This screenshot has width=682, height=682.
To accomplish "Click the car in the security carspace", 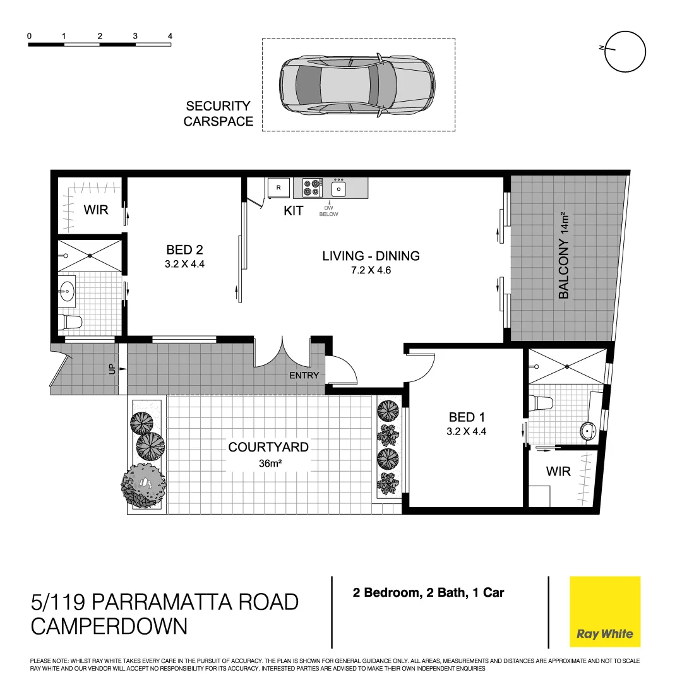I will coord(357,85).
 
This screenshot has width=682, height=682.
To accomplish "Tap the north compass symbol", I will coord(625,52).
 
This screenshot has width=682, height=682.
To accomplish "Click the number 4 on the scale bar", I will coord(170,36).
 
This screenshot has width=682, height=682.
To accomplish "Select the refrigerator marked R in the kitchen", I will coord(278,188).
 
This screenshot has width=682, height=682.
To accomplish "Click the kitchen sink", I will coord(339,188).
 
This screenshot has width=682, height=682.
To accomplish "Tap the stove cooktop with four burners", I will coord(312,188).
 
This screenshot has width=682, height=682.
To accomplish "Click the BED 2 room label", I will coord(184,249).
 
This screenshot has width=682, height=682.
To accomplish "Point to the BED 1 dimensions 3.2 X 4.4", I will coord(467,433).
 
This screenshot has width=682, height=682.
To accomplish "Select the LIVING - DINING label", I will coord(371,256).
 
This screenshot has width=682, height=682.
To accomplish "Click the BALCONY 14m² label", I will coord(564,256).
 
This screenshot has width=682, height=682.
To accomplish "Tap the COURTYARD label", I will coord(268,447).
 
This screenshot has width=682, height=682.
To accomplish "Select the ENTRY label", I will coord(304,376).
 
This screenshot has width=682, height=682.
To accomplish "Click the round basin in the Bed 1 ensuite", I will coord(589,431).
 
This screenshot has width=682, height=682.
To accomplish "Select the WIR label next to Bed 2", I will coord(96,210).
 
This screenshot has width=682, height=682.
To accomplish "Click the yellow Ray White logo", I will coord(604,611).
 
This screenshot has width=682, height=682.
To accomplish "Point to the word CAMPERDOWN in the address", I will coord(109,626).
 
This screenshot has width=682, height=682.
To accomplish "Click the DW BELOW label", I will coord(328,211).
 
